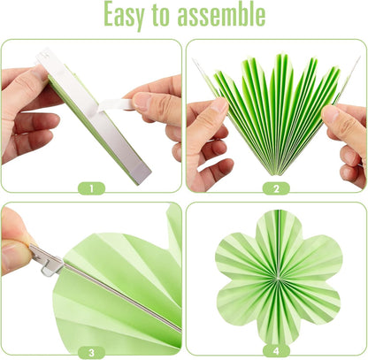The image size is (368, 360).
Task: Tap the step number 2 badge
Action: point(276,188)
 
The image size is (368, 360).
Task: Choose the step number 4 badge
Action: point(276,351)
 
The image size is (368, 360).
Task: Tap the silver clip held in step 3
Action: point(46,259)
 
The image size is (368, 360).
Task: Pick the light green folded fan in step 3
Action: point(115,283)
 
